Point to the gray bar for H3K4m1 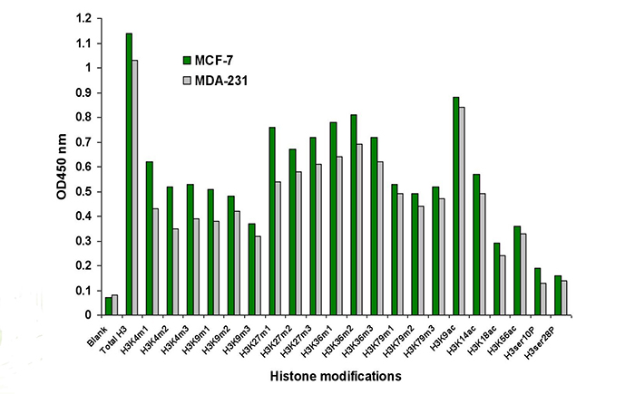155,262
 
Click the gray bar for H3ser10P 543,299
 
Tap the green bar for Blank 108,306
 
